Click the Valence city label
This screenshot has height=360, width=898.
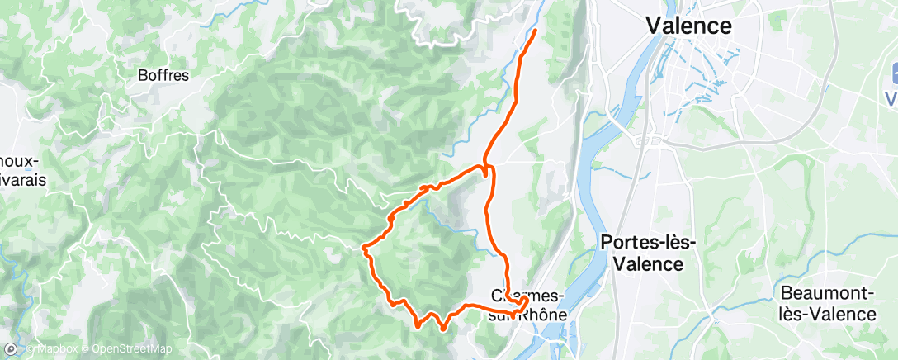pyautogui.click(x=688, y=26)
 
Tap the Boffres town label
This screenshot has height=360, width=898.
pyautogui.click(x=163, y=75)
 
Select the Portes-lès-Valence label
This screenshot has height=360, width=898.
pyautogui.click(x=649, y=253)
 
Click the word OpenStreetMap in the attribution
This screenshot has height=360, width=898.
pyautogui.click(x=132, y=349)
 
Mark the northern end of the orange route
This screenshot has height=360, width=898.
pyautogui.click(x=535, y=31)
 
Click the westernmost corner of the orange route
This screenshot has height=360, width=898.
pyautogui.click(x=364, y=246)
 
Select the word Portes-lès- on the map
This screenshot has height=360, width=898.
pyautogui.click(x=649, y=242)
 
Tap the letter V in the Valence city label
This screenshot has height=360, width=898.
pyautogui.click(x=654, y=26)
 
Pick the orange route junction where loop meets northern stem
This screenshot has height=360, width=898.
pyautogui.click(x=485, y=168)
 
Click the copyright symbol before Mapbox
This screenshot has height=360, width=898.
pyautogui.click(x=31, y=349)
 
